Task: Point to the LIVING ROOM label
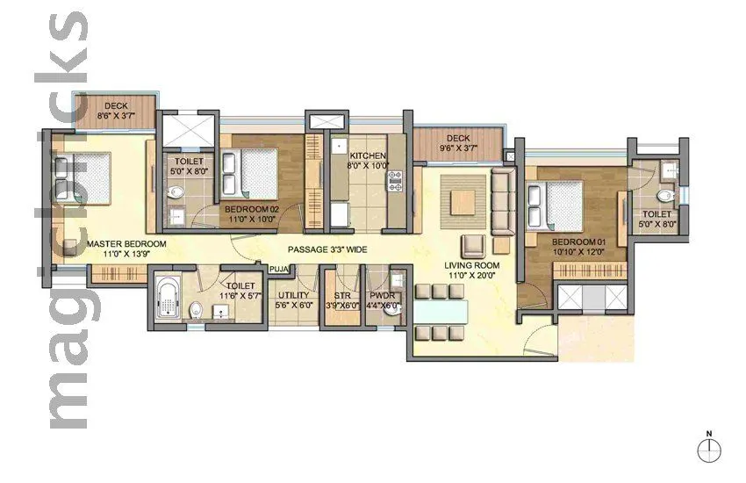point(472,265)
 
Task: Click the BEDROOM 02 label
point(251,210)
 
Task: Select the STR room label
point(339,297)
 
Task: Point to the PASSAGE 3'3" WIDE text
point(326,250)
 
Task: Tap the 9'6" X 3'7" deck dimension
point(458,150)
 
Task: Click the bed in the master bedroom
point(84,178)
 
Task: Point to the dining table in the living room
point(438,310)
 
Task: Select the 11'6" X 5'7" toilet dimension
point(240,297)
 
